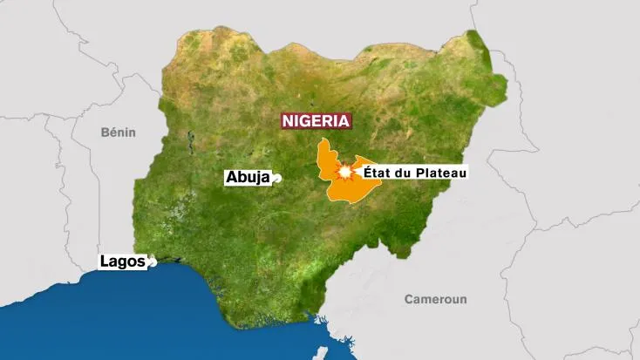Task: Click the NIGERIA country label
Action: [x=316, y=121]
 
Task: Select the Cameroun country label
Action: [x=435, y=299]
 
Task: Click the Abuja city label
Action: [x=248, y=177]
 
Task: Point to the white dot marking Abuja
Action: [x=277, y=179]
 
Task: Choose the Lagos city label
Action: [x=122, y=261]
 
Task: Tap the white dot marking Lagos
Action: [x=152, y=260]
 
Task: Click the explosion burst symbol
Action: [x=347, y=174]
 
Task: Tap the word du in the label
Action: [x=407, y=173]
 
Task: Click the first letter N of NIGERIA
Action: [x=287, y=121]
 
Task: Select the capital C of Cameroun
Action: [x=409, y=299]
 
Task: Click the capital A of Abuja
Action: [x=231, y=177]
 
